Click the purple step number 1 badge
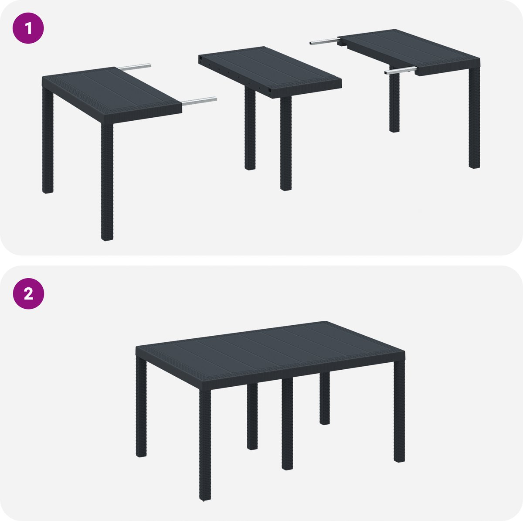pyautogui.click(x=28, y=28)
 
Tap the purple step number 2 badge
pyautogui.click(x=28, y=293)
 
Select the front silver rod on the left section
pyautogui.click(x=199, y=101)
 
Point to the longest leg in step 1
pyautogui.click(x=107, y=182)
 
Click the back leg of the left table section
pyautogui.click(x=48, y=140)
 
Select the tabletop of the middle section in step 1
pyautogui.click(x=270, y=71)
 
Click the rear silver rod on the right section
pyautogui.click(x=325, y=42)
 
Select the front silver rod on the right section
pyautogui.click(x=401, y=71)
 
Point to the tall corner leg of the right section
pyautogui.click(x=474, y=117)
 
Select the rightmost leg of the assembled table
pyautogui.click(x=399, y=411)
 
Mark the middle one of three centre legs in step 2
pyautogui.click(x=287, y=424)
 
